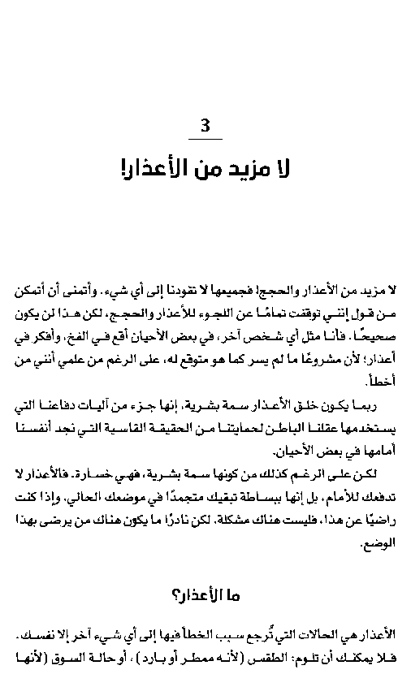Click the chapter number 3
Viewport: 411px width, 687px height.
click(x=205, y=126)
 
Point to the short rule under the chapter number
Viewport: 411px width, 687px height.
click(x=205, y=140)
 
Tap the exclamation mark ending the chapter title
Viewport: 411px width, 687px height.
click(x=123, y=169)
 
